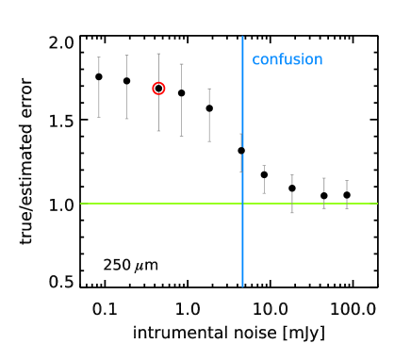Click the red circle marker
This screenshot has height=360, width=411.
tap(158, 89)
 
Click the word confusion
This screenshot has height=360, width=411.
tap(287, 60)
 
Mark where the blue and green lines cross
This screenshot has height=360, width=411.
tap(242, 204)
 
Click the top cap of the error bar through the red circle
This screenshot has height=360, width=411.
tap(158, 54)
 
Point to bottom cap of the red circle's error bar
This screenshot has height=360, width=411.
tap(158, 131)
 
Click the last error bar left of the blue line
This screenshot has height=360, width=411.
tap(209, 115)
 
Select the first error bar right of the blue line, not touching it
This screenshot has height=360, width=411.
tap(264, 179)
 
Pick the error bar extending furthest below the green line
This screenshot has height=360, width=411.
tap(292, 193)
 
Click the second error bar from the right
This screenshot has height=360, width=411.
tap(324, 192)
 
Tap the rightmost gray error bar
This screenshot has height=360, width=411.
tap(347, 194)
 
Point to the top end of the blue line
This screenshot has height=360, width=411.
tap(242, 38)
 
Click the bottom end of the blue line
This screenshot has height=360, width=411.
tap(242, 286)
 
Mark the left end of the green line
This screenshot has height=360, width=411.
tap(81, 204)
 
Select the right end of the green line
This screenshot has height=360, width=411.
tap(377, 204)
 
